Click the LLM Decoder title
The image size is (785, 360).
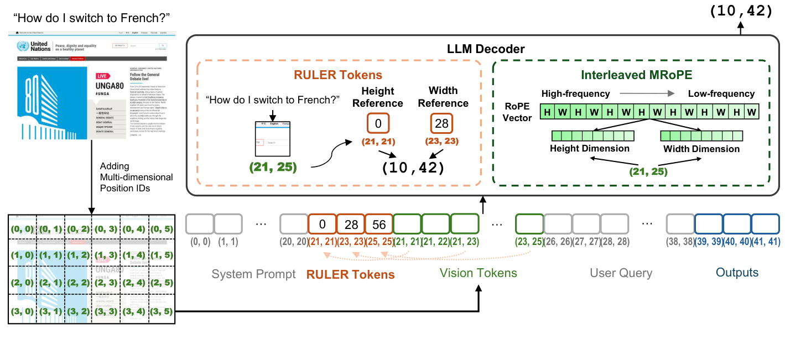pyautogui.click(x=486, y=49)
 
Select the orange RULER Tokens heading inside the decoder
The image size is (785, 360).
pyautogui.click(x=338, y=75)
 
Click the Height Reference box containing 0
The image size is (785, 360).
pyautogui.click(x=378, y=123)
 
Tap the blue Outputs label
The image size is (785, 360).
pyautogui.click(x=737, y=273)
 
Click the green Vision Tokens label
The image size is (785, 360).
pyautogui.click(x=478, y=273)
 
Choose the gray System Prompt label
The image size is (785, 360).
pyautogui.click(x=253, y=274)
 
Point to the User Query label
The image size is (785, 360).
pyautogui.click(x=621, y=273)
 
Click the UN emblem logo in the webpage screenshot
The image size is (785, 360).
pyautogui.click(x=23, y=46)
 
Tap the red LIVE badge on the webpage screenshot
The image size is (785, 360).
pyautogui.click(x=102, y=76)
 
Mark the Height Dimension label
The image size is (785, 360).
pyautogui.click(x=589, y=148)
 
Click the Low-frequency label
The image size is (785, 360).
pyautogui.click(x=721, y=93)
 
